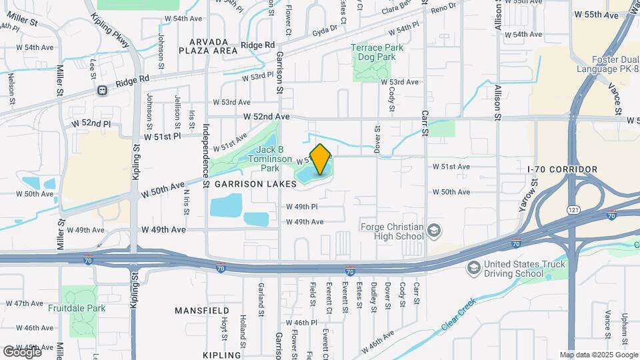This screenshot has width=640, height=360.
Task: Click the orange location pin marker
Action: pos(320,159)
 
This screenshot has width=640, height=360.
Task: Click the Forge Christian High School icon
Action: pos(435,231)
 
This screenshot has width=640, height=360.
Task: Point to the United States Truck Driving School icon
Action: pos(473,268)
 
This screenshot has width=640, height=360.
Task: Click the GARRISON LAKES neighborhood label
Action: pos(255,183)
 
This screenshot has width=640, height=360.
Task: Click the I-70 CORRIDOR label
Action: pos(562,169)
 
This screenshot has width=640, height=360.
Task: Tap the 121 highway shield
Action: pos(572,209)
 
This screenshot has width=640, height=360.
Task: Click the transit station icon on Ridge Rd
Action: pos(101,91)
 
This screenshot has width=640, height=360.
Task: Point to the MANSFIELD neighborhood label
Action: pos(202,311)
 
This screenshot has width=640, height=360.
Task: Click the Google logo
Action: pos(21,351)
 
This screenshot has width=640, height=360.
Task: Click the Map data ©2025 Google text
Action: pos(598,355)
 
